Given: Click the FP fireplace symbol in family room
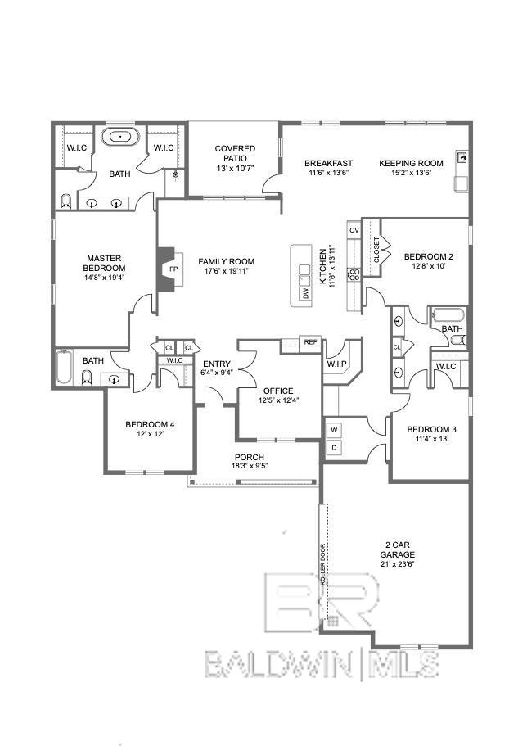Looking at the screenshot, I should point(172,269).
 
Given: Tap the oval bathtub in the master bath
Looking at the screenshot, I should point(121,137).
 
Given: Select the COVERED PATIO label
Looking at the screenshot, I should point(235,153).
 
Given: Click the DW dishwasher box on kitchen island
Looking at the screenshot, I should point(304,292).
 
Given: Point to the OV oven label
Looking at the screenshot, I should point(354,231).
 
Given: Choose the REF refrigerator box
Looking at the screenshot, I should point(310,342).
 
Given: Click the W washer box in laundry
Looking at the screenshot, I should point(334,429).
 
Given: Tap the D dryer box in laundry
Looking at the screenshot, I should point(334,448).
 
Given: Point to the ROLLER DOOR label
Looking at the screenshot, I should point(322,564).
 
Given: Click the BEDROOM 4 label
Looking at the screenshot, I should point(149,424).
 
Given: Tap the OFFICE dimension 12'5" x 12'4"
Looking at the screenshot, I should point(277,400).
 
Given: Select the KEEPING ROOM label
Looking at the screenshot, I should point(411,163).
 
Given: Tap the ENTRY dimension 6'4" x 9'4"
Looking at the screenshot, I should point(217,373).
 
